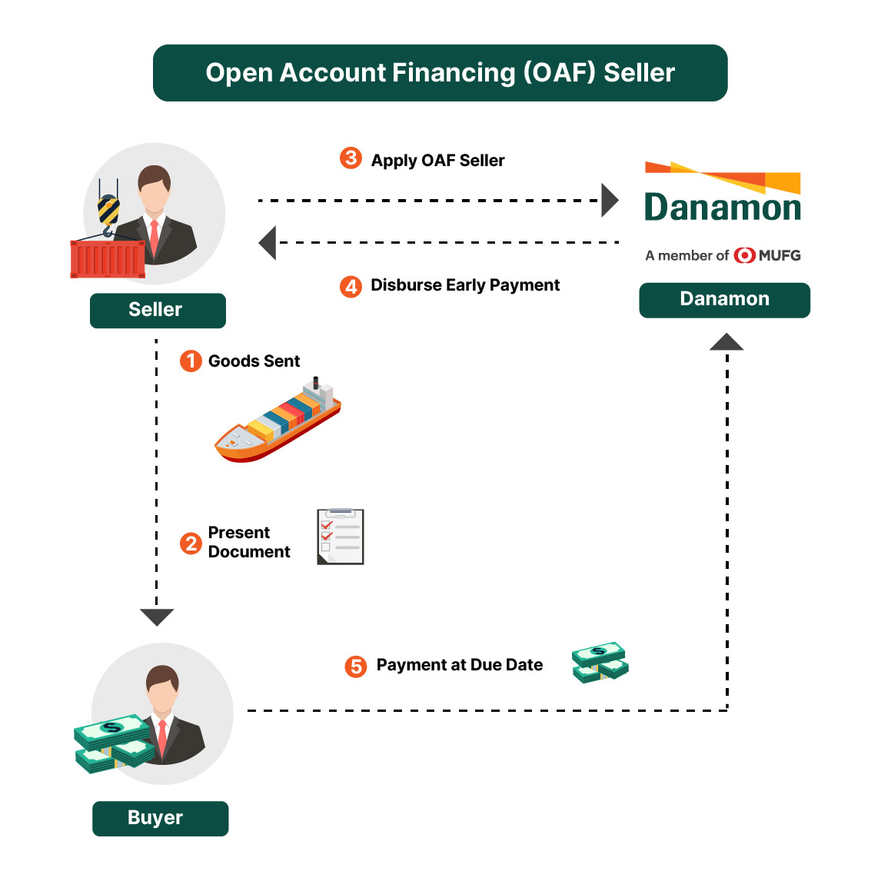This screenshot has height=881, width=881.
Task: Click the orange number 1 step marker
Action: [191, 361]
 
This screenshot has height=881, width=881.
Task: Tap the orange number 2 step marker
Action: [191, 544]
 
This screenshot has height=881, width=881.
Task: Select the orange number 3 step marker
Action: [351, 158]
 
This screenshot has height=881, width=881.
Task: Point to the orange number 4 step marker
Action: [351, 287]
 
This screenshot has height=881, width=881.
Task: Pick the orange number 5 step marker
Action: [355, 666]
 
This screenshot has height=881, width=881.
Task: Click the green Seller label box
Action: [158, 311]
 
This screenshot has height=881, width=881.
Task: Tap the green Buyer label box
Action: [160, 818]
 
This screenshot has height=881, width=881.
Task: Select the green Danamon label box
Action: [724, 300]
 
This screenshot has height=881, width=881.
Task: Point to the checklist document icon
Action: [341, 537]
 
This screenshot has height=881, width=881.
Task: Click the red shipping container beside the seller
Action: [108, 259]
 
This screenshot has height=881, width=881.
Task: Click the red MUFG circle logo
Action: [744, 255]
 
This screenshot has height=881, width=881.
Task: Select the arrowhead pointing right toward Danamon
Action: [610, 201]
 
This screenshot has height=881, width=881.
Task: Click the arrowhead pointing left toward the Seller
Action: [268, 243]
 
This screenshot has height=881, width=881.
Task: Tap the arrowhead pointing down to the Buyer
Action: [157, 617]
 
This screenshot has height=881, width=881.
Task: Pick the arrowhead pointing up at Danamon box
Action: [726, 342]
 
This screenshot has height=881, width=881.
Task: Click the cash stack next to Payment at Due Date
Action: [600, 663]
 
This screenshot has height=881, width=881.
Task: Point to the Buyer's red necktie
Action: [162, 738]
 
